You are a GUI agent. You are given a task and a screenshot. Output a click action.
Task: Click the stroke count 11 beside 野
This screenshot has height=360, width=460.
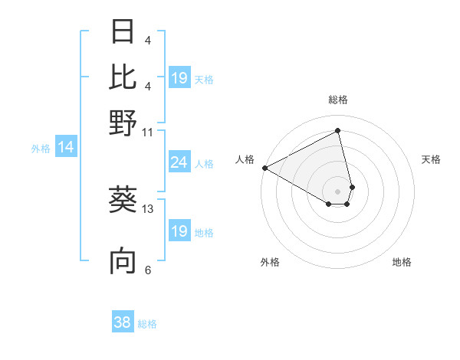148,132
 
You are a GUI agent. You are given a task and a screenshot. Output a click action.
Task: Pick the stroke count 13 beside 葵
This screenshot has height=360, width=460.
148,208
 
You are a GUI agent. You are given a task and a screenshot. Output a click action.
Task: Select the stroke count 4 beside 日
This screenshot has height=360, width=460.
148,41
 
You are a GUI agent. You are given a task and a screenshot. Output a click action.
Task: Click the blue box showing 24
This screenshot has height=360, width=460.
179,162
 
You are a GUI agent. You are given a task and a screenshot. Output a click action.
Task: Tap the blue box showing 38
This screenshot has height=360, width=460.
123,322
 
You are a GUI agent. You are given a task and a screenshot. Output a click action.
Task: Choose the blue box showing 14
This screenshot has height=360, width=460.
65,148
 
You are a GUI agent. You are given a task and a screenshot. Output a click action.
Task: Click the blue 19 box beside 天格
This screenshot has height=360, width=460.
179,78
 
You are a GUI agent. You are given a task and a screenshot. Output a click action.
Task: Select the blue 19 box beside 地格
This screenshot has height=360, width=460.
179,231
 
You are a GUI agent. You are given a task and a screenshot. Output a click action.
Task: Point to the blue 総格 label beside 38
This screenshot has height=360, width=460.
147,324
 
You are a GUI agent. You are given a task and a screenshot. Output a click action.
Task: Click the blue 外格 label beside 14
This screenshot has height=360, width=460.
41,149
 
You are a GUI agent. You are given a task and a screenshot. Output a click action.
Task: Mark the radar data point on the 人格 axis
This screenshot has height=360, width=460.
264,167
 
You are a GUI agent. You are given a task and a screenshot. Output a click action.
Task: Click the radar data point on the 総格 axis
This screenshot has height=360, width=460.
337,132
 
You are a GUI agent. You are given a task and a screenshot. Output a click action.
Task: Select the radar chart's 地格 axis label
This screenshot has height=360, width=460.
402,262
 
